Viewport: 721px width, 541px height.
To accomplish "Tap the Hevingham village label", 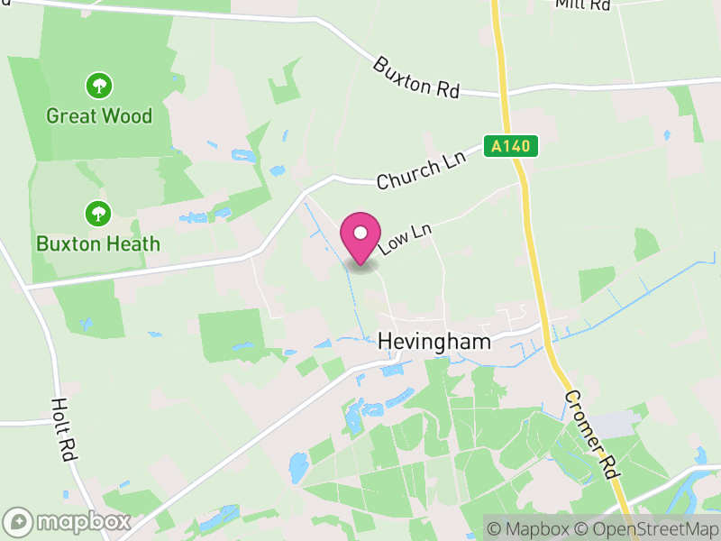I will click(x=434, y=343).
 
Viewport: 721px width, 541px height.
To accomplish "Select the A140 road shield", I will click(x=511, y=145).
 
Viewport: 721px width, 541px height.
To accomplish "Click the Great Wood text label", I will click(x=99, y=116).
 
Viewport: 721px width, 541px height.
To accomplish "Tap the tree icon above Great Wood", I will click(x=99, y=87).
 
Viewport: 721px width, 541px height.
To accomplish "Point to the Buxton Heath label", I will click(x=98, y=243).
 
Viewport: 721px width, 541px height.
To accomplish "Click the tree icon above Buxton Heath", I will click(x=98, y=214).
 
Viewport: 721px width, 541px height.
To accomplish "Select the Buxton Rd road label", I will click(x=416, y=78).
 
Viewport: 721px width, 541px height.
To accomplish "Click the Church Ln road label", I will click(x=419, y=170).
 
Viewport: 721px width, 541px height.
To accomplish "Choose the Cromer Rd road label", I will click(x=590, y=435).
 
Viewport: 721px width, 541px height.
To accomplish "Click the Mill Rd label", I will click(x=583, y=5).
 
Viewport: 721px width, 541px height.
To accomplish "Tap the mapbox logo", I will click(x=68, y=522).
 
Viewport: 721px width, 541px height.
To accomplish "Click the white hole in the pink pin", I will click(x=360, y=233).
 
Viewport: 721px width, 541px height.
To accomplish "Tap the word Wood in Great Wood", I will click(x=126, y=116).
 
